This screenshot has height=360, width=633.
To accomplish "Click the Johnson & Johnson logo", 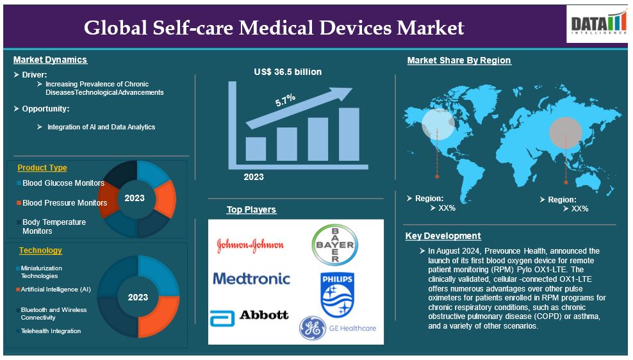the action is click(251, 245).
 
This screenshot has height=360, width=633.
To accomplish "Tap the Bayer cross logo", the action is click(334, 245).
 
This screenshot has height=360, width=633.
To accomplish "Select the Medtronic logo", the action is click(252, 279).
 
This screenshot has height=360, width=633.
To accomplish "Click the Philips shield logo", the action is click(337, 295).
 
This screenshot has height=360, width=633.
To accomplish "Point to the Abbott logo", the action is click(249, 317).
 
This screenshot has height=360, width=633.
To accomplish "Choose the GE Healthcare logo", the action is click(338, 328).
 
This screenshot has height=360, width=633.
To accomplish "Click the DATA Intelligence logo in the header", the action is click(597, 24).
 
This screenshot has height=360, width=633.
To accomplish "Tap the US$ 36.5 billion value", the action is click(288, 72).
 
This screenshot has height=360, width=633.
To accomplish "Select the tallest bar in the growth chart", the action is click(349, 134).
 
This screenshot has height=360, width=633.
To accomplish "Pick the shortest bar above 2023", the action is click(256, 149).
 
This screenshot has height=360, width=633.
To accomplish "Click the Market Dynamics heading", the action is click(50, 60).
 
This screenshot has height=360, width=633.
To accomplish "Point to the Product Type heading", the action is click(42, 167).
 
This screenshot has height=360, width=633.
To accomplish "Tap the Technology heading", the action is click(40, 250).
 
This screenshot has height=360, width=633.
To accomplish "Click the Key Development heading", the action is click(443, 236).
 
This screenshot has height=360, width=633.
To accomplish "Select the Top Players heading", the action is click(251, 209).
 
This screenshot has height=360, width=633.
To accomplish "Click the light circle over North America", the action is click(438, 124).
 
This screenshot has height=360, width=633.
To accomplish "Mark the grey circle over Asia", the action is click(566, 133).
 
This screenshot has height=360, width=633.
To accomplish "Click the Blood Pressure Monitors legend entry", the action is click(62, 202).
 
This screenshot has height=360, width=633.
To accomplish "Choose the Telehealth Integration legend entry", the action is click(49, 331).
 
